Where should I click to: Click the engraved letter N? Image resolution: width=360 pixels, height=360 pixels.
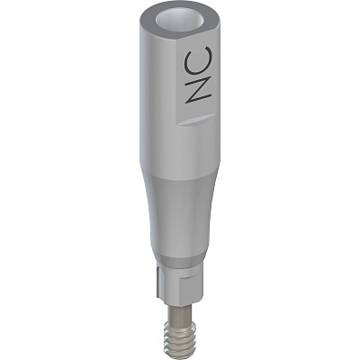199,89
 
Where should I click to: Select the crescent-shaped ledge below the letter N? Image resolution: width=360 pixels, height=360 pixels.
196,120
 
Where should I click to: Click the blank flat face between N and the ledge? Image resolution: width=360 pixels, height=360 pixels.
195,111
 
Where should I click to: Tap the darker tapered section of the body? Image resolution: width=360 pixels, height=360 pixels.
179,216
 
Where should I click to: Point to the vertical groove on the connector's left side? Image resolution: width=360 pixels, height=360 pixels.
158,282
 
